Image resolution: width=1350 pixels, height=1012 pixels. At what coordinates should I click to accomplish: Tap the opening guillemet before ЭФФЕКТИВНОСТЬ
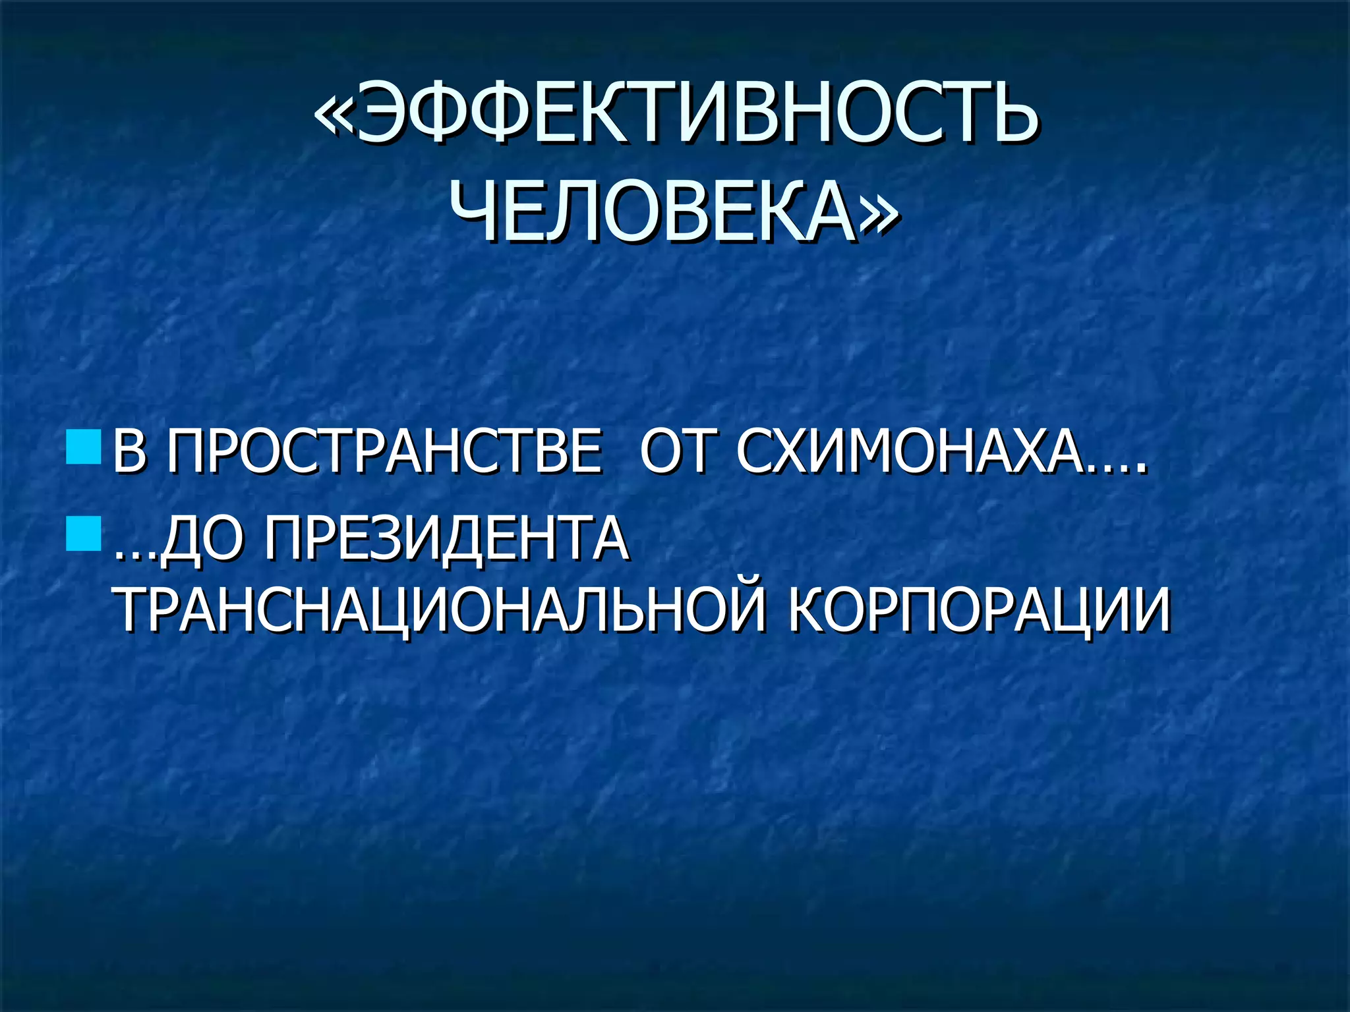(x=334, y=113)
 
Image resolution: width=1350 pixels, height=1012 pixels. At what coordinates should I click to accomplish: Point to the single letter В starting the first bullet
(x=129, y=451)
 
